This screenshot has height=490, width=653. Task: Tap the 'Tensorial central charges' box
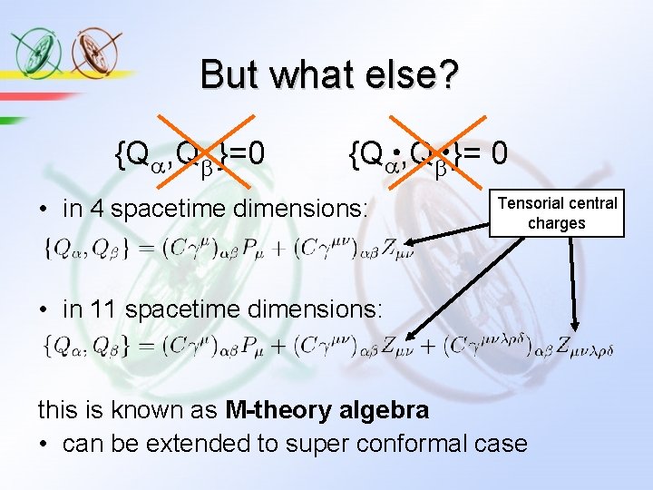coord(557,213)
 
